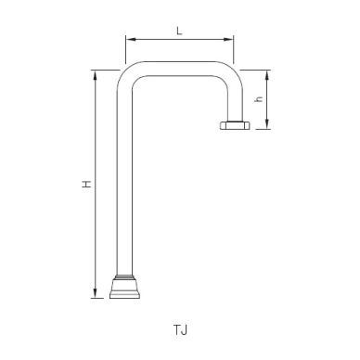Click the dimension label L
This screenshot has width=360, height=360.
coord(178,31)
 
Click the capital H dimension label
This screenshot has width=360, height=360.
coord(84,185)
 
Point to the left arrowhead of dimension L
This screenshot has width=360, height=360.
coord(128,40)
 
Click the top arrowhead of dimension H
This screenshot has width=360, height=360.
coord(95,74)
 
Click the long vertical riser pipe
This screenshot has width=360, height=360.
coord(123,186)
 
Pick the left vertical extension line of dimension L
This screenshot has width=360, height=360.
coord(124,51)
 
